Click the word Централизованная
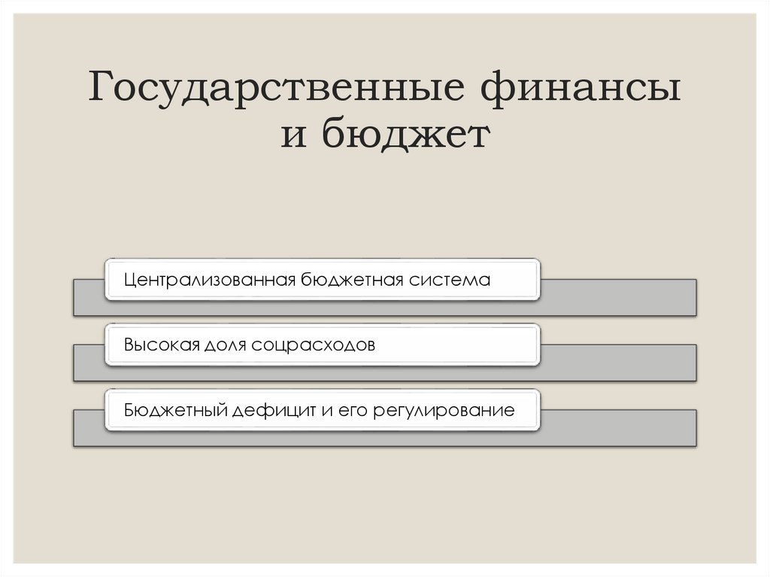click(210, 280)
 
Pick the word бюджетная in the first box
click(353, 280)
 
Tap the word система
click(451, 280)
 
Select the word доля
click(223, 345)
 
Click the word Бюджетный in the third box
click(175, 411)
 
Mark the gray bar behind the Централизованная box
click(617, 296)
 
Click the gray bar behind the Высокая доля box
click(617, 362)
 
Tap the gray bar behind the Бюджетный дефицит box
click(617, 427)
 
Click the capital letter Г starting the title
click(102, 90)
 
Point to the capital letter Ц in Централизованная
click(130, 280)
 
